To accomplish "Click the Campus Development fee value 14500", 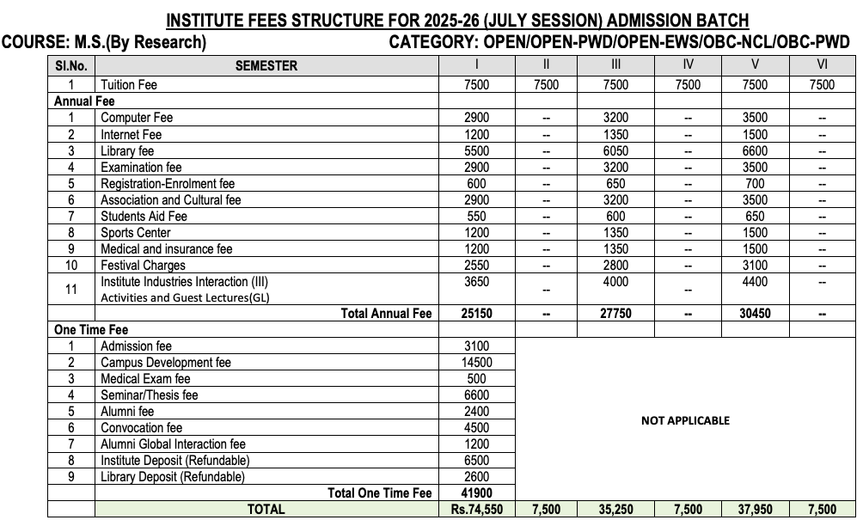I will pyautogui.click(x=476, y=363).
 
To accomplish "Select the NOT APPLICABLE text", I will pyautogui.click(x=685, y=420).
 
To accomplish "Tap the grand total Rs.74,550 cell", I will pyautogui.click(x=476, y=510).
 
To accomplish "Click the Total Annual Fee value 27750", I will pyautogui.click(x=615, y=314).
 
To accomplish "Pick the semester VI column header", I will pyautogui.click(x=822, y=65).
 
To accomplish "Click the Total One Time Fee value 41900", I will pyautogui.click(x=476, y=492).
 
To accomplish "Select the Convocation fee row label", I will pyautogui.click(x=142, y=427).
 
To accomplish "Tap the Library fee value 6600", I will pyautogui.click(x=755, y=150).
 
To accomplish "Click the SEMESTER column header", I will pyautogui.click(x=266, y=65).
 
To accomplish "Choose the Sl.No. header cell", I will pyautogui.click(x=71, y=65).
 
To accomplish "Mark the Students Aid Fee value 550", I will pyautogui.click(x=476, y=216).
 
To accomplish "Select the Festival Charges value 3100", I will pyautogui.click(x=755, y=265).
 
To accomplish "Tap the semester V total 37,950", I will pyautogui.click(x=755, y=510).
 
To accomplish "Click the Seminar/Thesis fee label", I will pyautogui.click(x=150, y=395).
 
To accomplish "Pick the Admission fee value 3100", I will pyautogui.click(x=476, y=346).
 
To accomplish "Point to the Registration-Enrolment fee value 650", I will pyautogui.click(x=615, y=183).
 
